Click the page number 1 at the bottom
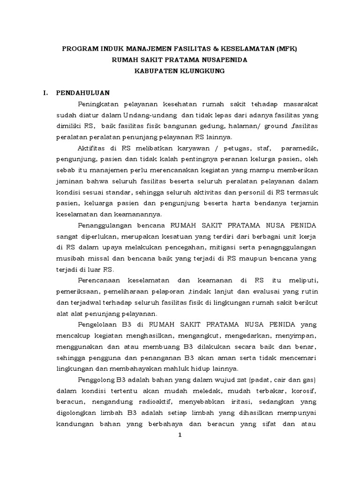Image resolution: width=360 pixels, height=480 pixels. pos(180,435)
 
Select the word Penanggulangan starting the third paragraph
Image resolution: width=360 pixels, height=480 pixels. pos(105,225)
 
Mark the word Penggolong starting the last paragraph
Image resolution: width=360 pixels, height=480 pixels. pos(99,379)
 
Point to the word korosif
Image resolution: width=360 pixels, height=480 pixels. pos(304,390)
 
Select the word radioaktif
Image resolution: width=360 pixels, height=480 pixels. pos(140,402)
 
